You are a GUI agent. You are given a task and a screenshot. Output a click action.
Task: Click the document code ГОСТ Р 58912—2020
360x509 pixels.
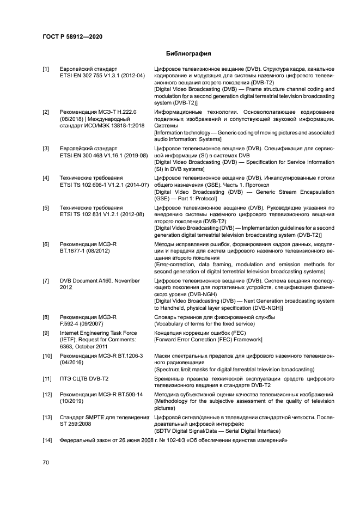(x=72, y=36)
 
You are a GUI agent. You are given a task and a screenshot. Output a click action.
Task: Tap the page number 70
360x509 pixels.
(x=46, y=462)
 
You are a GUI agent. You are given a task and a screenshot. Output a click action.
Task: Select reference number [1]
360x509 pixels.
(x=46, y=69)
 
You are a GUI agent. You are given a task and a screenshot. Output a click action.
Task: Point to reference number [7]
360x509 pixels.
(x=46, y=281)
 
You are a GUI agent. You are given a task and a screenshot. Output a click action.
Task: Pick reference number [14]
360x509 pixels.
(x=47, y=440)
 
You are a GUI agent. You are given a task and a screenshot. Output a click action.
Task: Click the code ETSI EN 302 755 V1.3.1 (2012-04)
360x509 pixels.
(x=102, y=76)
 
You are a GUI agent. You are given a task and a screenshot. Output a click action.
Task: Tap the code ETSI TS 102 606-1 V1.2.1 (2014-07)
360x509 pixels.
(x=104, y=185)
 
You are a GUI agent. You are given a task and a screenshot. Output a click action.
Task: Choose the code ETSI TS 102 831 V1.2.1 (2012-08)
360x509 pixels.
(x=102, y=214)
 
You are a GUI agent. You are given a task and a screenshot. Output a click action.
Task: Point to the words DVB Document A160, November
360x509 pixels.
(x=100, y=281)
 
